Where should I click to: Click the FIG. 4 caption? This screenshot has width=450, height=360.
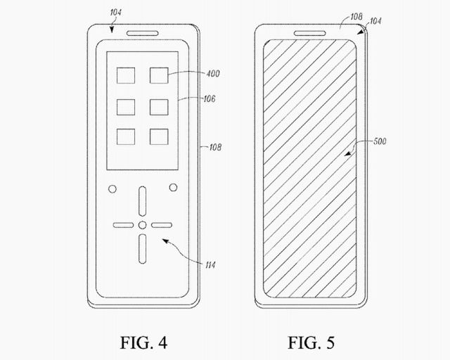[x=143, y=343]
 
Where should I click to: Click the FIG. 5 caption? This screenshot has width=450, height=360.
[x=310, y=343]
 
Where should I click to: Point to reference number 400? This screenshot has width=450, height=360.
[x=213, y=73]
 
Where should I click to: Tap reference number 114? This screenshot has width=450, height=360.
[x=210, y=264]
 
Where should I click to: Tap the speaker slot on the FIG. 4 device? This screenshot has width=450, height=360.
[x=142, y=32]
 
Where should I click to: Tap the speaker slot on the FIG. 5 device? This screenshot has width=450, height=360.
[x=310, y=32]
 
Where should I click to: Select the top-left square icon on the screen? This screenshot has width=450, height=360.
[x=126, y=76]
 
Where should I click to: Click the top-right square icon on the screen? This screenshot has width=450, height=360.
[x=158, y=76]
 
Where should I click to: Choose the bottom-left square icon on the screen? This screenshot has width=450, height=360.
[x=126, y=136]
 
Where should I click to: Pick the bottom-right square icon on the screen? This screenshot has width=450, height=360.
[x=158, y=136]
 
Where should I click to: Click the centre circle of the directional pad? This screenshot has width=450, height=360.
[x=142, y=225]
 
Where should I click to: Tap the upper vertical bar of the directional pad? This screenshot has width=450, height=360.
[x=142, y=202]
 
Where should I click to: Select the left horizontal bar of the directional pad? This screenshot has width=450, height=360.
[x=122, y=225]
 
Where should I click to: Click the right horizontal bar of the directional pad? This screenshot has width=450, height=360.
[x=162, y=225]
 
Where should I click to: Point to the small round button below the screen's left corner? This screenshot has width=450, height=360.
[x=111, y=188]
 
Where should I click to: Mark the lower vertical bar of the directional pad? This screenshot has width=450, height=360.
[x=142, y=247]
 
